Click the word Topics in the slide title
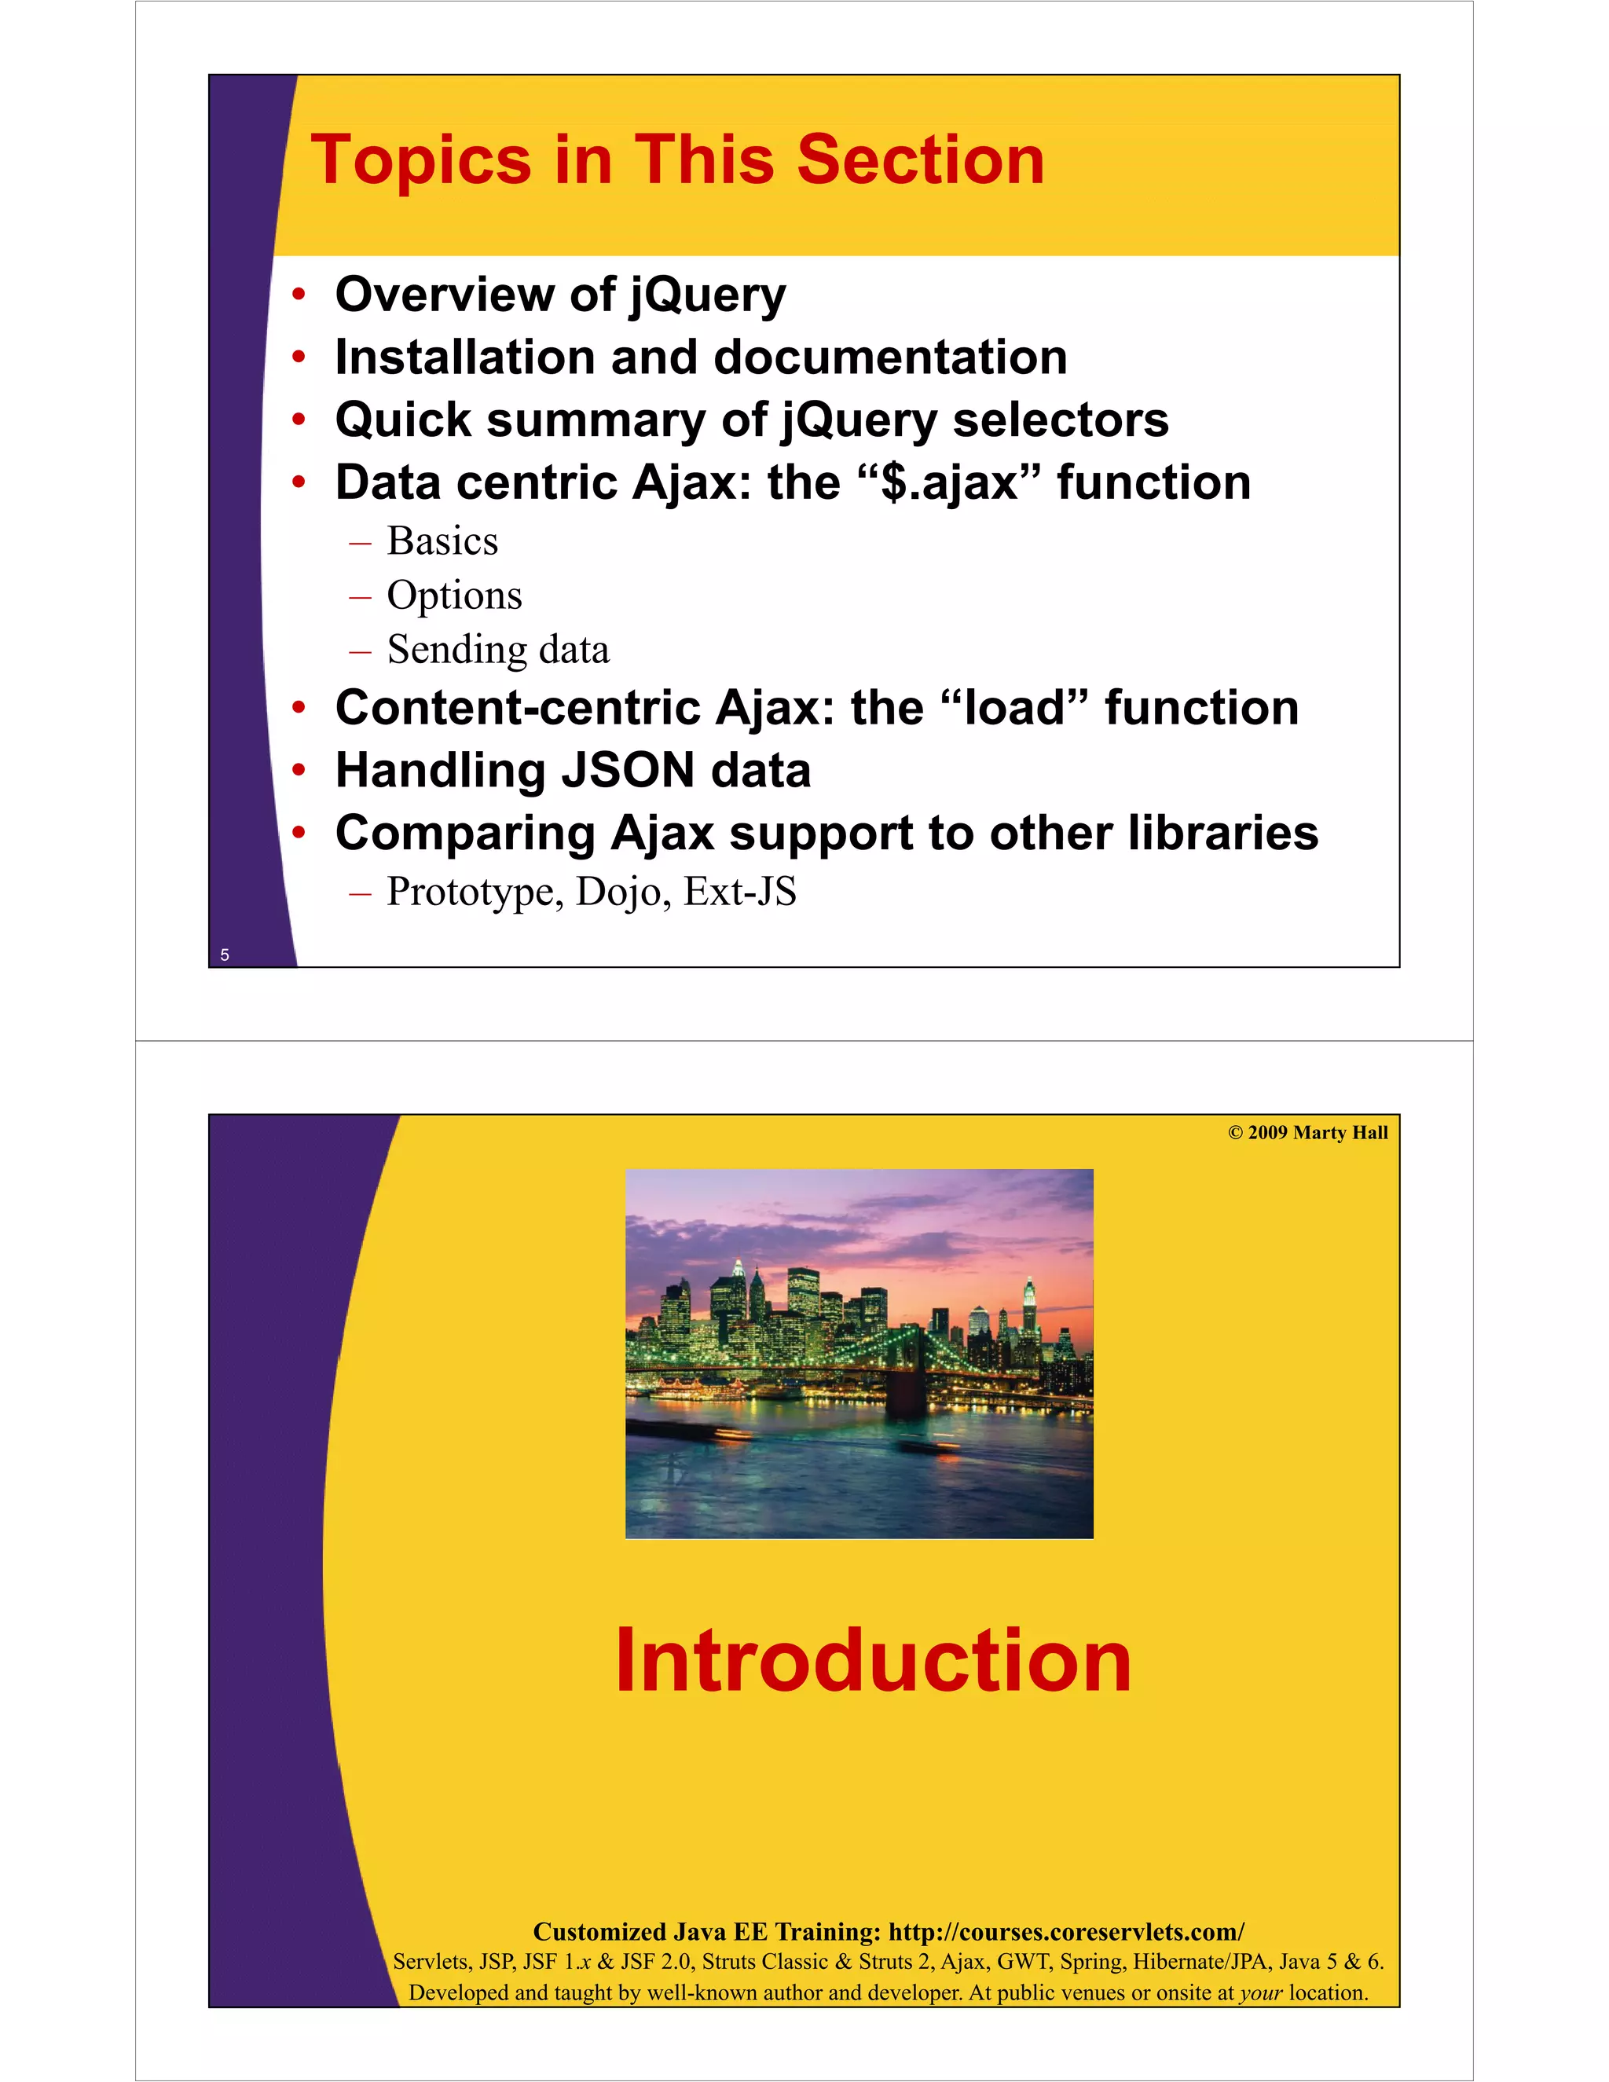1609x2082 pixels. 420,160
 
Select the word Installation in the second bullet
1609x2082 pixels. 464,357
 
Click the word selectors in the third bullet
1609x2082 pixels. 1060,420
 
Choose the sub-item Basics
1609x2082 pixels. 442,541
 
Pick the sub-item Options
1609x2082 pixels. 454,596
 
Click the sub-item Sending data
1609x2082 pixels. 497,651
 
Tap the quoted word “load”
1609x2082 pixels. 1013,709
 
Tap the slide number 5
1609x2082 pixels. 225,955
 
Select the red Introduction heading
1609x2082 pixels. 872,1662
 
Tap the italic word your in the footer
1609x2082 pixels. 1261,1993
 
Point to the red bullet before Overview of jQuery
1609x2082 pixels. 299,295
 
